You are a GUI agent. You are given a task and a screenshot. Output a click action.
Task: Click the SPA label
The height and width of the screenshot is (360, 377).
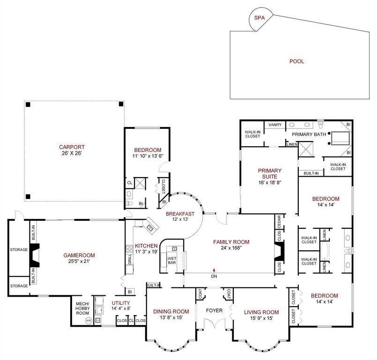(259, 18)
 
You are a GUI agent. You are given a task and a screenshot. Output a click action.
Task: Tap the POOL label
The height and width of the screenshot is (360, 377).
(296, 61)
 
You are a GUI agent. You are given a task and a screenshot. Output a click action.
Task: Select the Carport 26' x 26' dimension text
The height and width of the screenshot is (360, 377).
(71, 153)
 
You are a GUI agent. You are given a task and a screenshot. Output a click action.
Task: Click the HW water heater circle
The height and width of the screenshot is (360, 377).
(88, 321)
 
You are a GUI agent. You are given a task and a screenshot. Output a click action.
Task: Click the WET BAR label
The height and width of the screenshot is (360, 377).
(171, 260)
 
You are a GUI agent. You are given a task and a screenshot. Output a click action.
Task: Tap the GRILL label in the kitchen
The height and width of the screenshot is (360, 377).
(130, 260)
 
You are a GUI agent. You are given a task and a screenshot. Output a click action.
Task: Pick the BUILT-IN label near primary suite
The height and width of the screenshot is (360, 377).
(311, 173)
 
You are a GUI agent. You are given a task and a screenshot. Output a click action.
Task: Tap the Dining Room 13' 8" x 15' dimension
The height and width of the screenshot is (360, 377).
(171, 318)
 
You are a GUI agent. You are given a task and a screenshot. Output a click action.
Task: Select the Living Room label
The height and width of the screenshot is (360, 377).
(261, 312)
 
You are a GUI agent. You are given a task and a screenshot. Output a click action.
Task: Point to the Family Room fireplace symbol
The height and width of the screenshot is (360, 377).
(279, 253)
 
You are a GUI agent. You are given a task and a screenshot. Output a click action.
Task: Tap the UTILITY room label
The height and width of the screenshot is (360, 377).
(120, 303)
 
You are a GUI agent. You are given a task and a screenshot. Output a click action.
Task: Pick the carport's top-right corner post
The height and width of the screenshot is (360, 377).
(120, 104)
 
